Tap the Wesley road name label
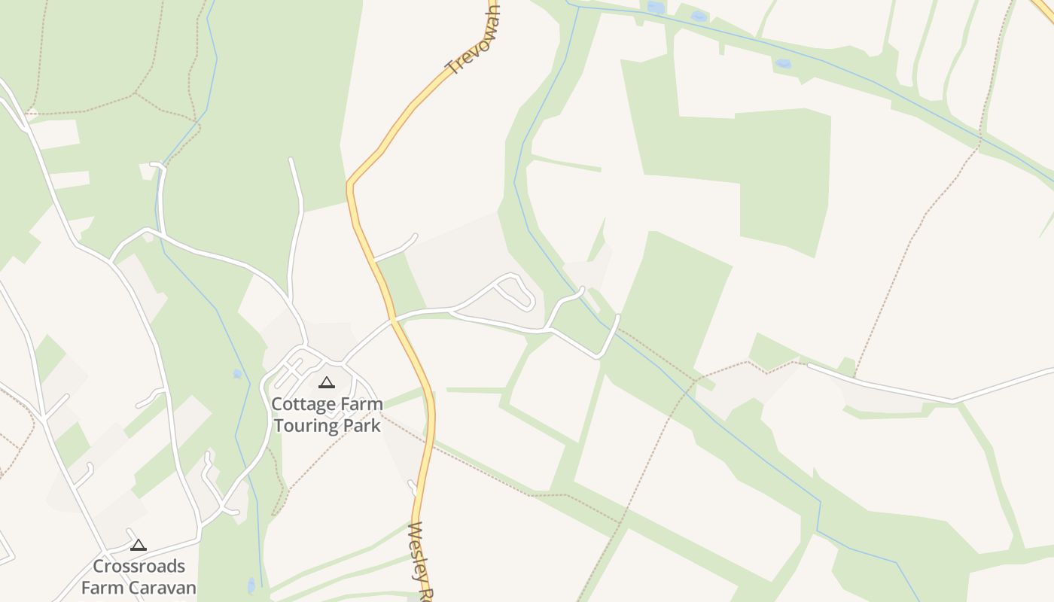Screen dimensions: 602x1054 [x=422, y=561]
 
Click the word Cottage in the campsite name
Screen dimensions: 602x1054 [x=300, y=404]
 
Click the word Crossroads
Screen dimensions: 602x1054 [x=139, y=566]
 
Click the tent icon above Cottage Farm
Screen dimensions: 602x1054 [x=326, y=383]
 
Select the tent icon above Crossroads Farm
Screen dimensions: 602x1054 [x=139, y=546]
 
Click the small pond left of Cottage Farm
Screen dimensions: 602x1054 [x=238, y=373]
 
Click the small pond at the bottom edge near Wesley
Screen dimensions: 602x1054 [x=251, y=585]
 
